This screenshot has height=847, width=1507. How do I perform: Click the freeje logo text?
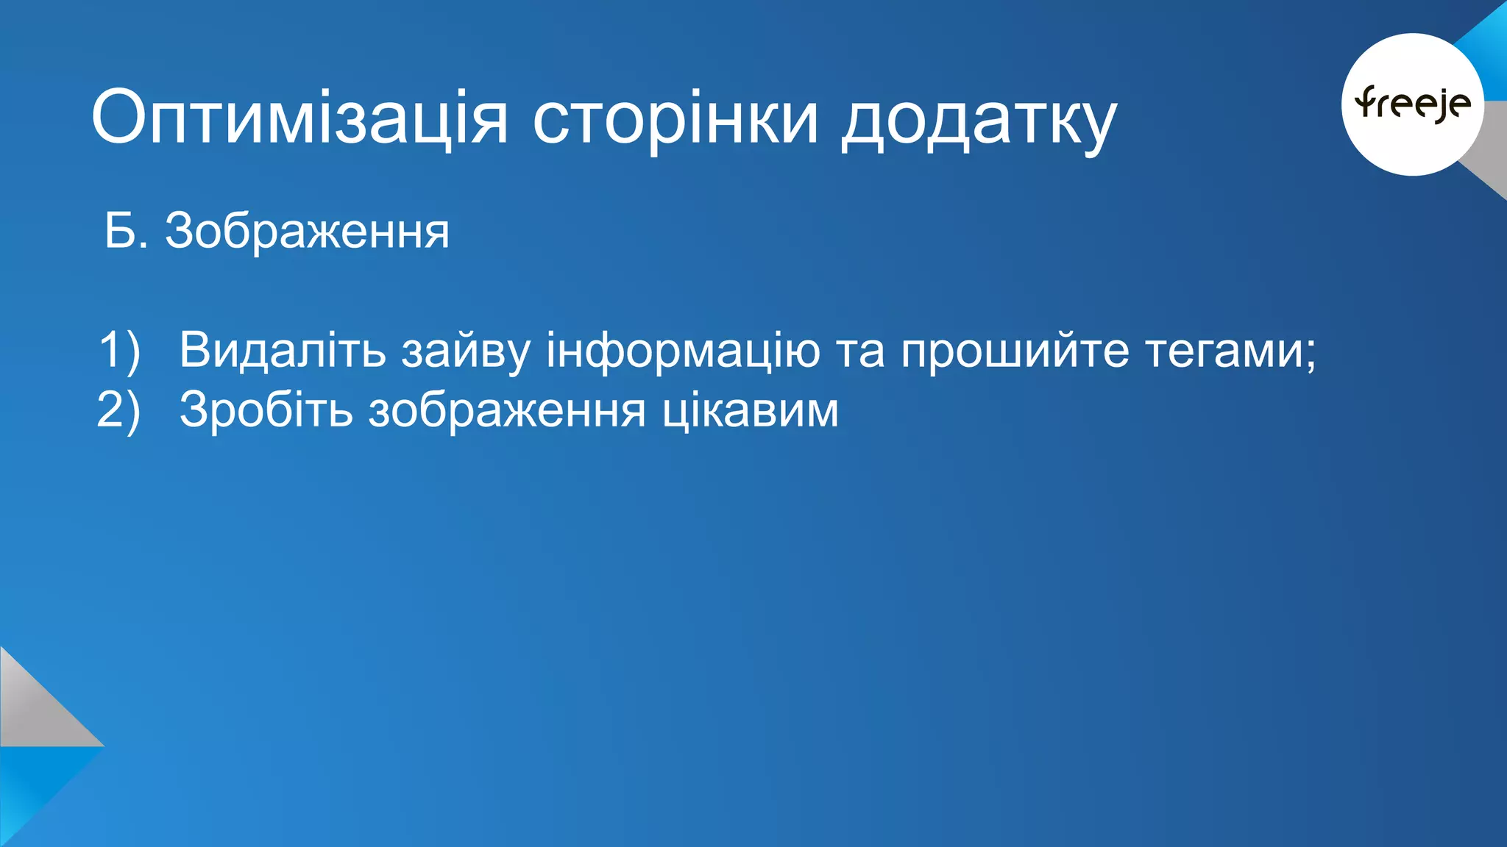point(1413,104)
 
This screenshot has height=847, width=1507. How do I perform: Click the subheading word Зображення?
point(307,232)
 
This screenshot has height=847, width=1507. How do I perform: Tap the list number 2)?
point(118,410)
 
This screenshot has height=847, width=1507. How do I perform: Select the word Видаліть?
point(283,350)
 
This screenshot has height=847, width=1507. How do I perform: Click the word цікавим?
point(750,410)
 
